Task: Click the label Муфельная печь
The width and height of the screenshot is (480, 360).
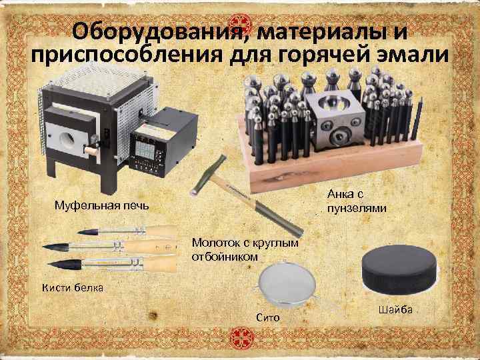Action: pyautogui.click(x=101, y=205)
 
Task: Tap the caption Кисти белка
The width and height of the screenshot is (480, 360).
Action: pyautogui.click(x=73, y=288)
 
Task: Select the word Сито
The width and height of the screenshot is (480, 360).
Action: pyautogui.click(x=268, y=317)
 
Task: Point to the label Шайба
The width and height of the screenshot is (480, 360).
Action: pyautogui.click(x=395, y=310)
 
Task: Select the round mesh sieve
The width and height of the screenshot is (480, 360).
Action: pyautogui.click(x=287, y=285)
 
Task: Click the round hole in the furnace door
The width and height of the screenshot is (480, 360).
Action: pyautogui.click(x=68, y=139)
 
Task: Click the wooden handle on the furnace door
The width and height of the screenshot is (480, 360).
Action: pyautogui.click(x=91, y=150)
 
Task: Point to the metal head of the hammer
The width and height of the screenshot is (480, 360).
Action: pyautogui.click(x=208, y=175)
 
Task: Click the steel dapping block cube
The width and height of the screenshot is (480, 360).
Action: pyautogui.click(x=335, y=120)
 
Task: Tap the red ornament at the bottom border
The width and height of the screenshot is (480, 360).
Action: pyautogui.click(x=242, y=338)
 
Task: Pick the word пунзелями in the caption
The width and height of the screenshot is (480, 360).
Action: pyautogui.click(x=357, y=209)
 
